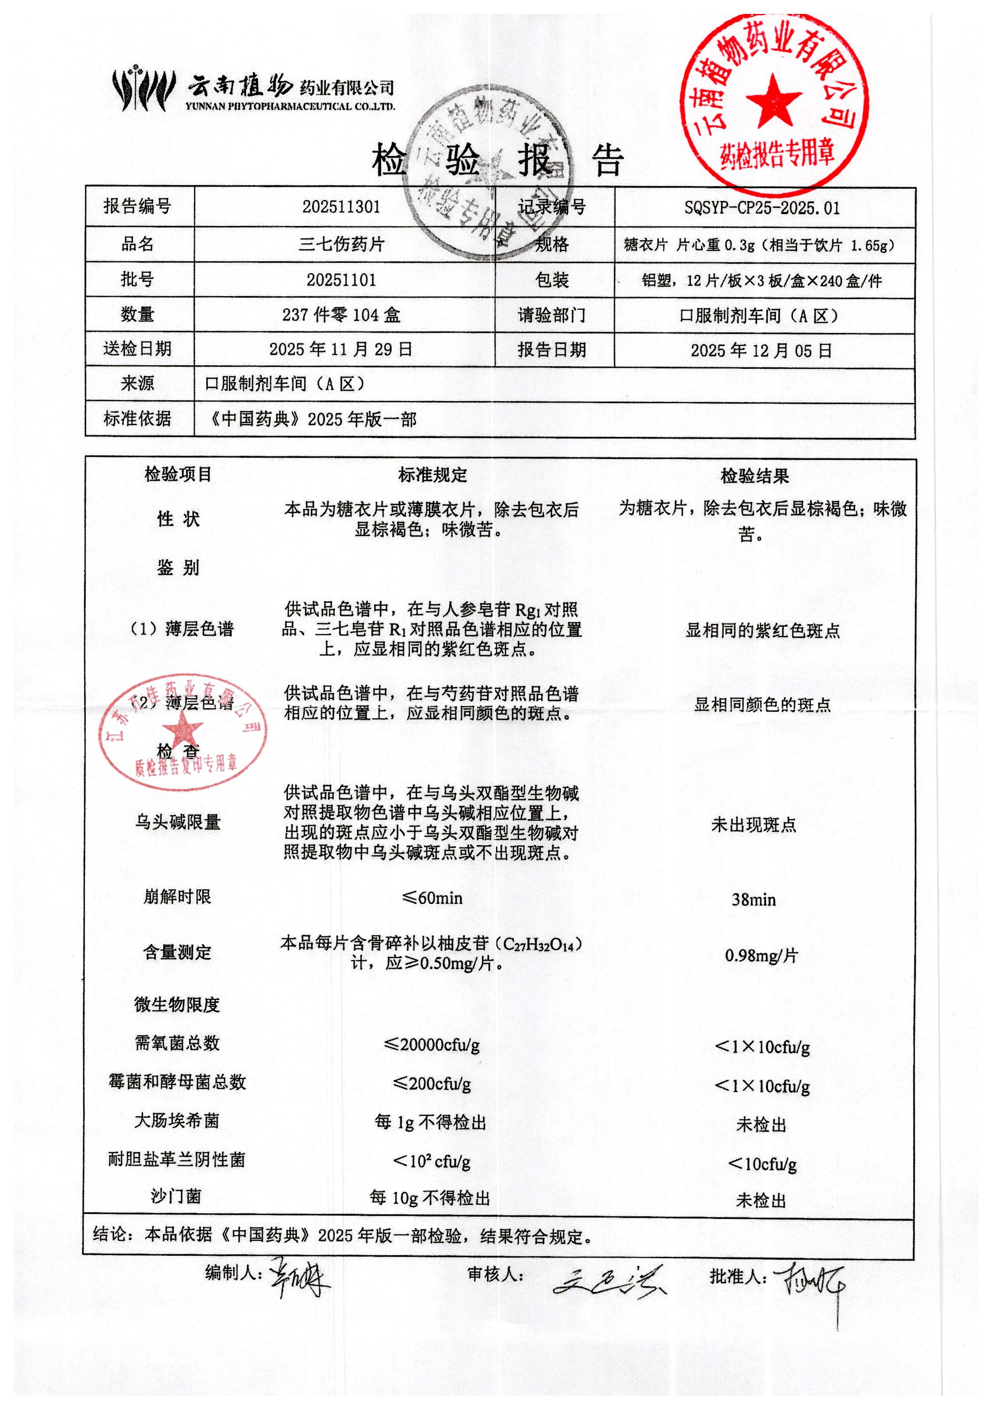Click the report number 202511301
(341, 207)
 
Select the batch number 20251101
(341, 280)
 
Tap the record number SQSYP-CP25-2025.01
(761, 208)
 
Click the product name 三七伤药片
(341, 244)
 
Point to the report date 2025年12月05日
(761, 350)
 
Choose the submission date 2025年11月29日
(341, 349)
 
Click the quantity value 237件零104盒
(341, 315)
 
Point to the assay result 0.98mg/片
(761, 956)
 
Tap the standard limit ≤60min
(432, 898)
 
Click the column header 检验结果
(754, 476)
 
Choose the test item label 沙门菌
(176, 1196)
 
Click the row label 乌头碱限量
(177, 822)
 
